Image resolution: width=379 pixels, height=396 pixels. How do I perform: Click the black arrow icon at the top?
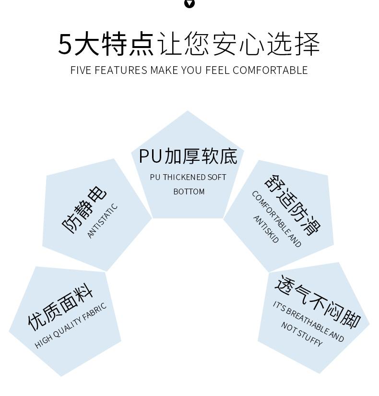(x=189, y=3)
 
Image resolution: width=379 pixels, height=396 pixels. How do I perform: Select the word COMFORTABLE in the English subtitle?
(x=270, y=70)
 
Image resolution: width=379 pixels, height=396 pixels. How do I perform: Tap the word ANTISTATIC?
(x=102, y=221)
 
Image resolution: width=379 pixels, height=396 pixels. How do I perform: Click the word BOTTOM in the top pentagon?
(x=189, y=192)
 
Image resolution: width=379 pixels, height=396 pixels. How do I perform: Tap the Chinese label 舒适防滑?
(x=292, y=204)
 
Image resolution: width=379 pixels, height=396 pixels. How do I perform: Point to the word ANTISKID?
(x=265, y=229)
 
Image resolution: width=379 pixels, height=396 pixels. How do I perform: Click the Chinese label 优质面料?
(x=60, y=309)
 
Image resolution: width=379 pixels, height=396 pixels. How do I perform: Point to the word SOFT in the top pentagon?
(x=216, y=177)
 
